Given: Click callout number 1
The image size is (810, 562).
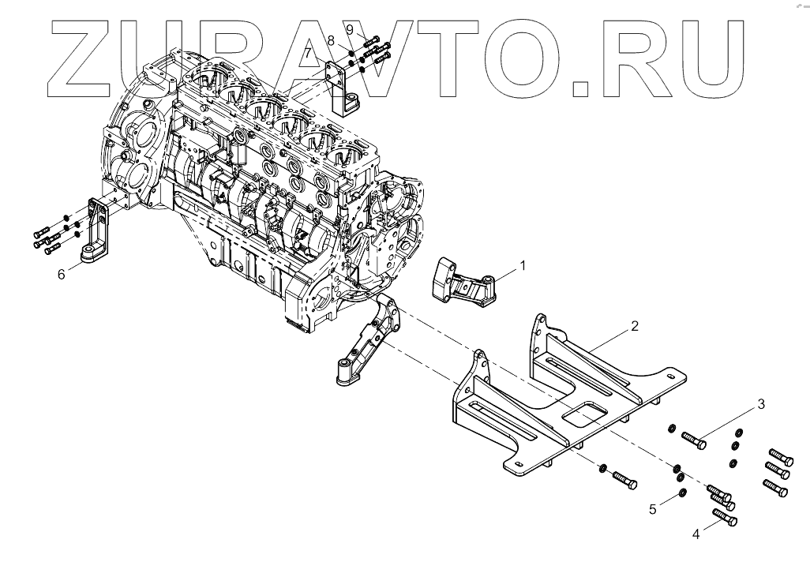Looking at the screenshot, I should [522, 267].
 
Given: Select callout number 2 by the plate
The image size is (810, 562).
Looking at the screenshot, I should [634, 325].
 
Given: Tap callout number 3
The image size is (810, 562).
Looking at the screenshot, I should [760, 404].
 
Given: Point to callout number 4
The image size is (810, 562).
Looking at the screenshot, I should [696, 534].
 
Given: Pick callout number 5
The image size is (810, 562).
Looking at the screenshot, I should [653, 510].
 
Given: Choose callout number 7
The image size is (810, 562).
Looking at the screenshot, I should [308, 54].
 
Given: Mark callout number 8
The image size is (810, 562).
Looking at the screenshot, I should [331, 39].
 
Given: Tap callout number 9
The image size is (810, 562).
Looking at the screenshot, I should [349, 28].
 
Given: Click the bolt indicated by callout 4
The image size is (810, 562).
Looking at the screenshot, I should [725, 519].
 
